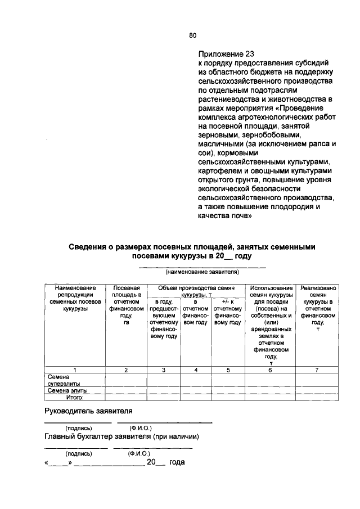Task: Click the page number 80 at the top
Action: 192,35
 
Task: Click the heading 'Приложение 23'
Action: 222,54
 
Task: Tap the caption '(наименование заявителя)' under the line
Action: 202,272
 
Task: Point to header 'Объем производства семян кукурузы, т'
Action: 195,291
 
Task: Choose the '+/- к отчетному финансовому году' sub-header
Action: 228,316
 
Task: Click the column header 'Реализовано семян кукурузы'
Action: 318,309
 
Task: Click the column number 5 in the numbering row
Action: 228,370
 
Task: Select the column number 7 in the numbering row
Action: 318,370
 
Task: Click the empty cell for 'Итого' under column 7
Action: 318,397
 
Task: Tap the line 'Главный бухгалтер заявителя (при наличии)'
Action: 122,437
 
